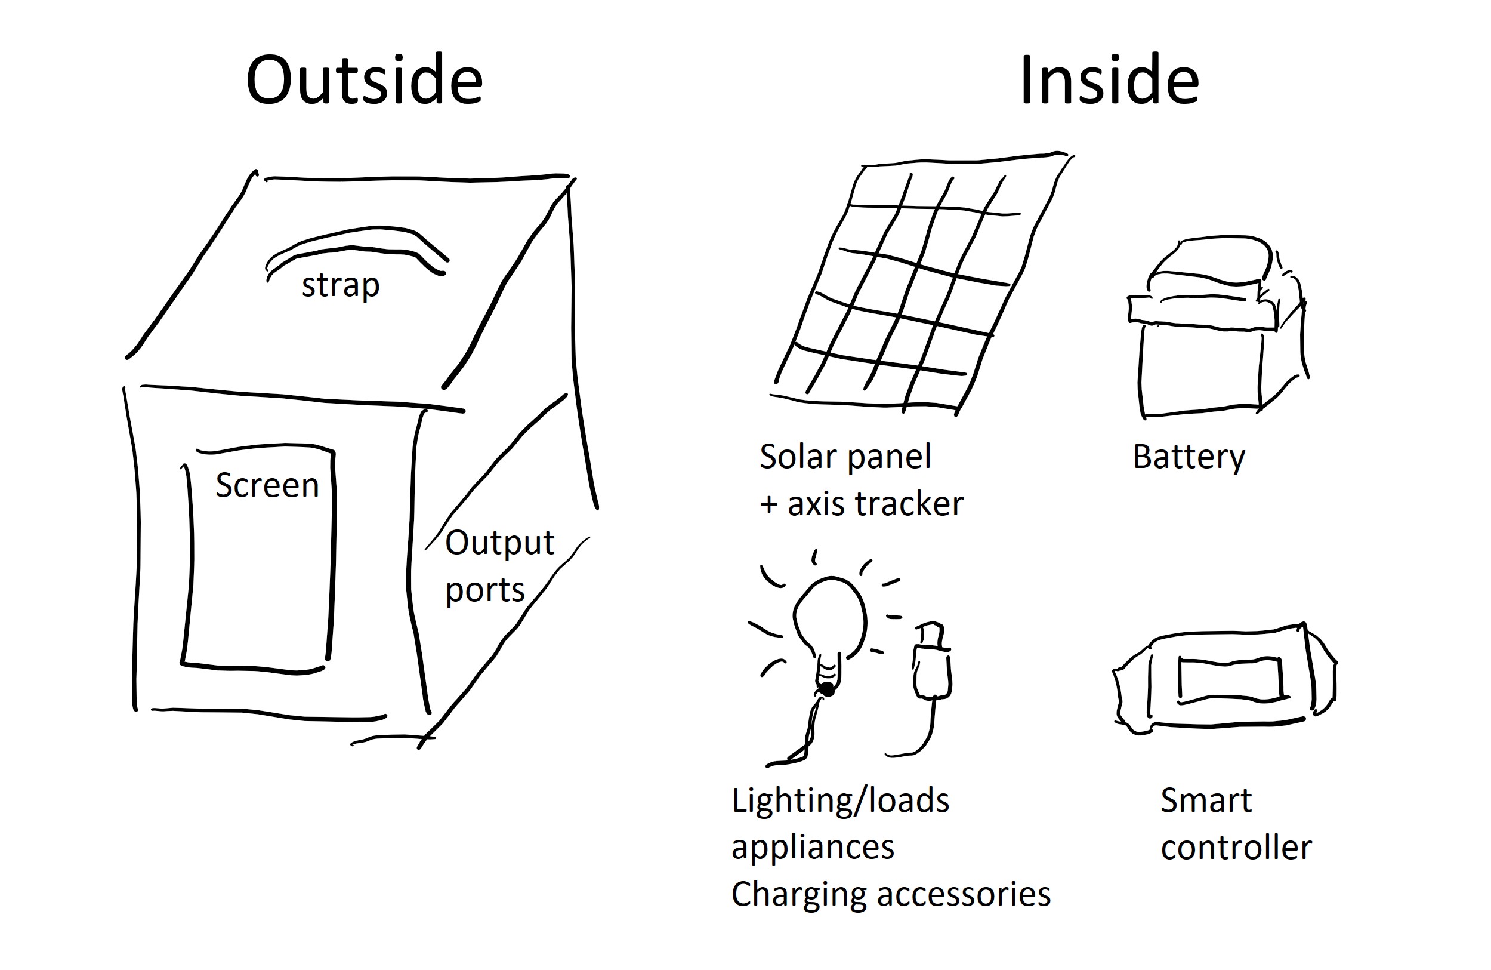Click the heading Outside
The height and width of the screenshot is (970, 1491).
pyautogui.click(x=364, y=81)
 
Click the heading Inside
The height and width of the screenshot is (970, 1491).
pyautogui.click(x=1109, y=81)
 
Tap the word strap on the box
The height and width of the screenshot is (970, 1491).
pyautogui.click(x=340, y=285)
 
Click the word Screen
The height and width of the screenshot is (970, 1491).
pyautogui.click(x=267, y=485)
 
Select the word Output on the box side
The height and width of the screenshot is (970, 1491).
pyautogui.click(x=499, y=543)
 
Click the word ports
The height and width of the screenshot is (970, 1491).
pyautogui.click(x=484, y=590)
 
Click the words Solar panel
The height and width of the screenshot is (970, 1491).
pyautogui.click(x=845, y=456)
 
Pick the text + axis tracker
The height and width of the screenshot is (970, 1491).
pyautogui.click(x=862, y=504)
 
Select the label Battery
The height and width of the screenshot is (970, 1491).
pyautogui.click(x=1189, y=457)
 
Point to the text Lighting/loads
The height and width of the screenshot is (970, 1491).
pyautogui.click(x=840, y=801)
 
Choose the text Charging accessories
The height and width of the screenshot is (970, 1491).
pyautogui.click(x=890, y=894)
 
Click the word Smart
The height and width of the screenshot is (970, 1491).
pyautogui.click(x=1206, y=801)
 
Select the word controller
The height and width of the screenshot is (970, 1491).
pyautogui.click(x=1236, y=848)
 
